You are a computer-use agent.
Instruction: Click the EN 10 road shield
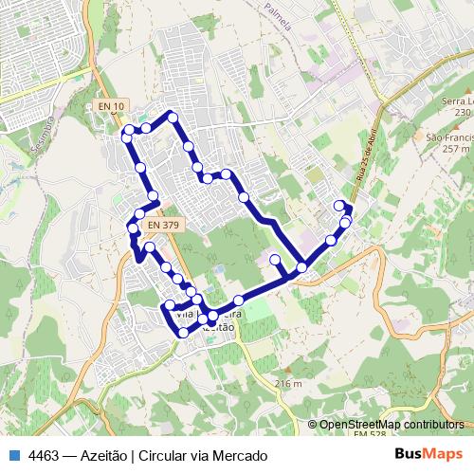[x=111, y=106]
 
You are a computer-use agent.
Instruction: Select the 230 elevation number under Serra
[x=462, y=113]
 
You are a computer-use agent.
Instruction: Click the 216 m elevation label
[x=287, y=383]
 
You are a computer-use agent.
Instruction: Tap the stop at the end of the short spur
[x=275, y=259]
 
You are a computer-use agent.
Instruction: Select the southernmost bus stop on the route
[x=183, y=333]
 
